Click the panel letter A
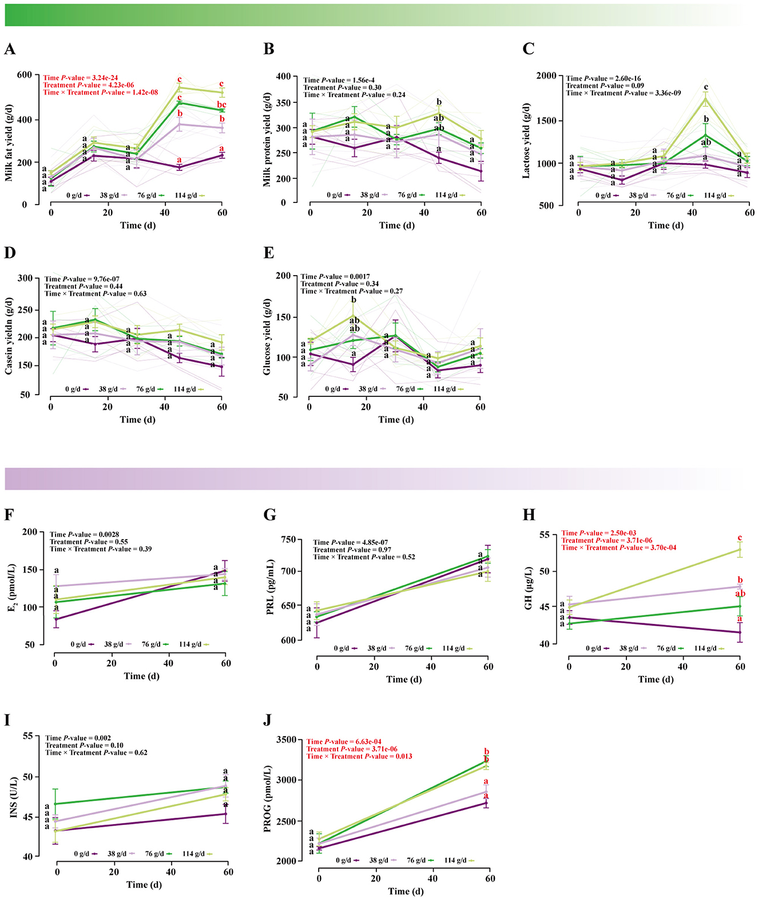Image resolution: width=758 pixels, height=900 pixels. coord(10,49)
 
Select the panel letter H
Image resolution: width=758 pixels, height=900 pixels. coord(529,515)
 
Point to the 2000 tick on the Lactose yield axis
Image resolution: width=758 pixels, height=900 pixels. coord(547,76)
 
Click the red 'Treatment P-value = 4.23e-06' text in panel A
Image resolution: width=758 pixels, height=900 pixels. coord(89,85)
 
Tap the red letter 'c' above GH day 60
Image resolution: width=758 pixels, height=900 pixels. coord(740,537)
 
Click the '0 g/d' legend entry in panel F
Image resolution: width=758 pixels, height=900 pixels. coord(78,644)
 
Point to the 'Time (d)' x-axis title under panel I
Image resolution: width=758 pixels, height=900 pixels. coord(144,885)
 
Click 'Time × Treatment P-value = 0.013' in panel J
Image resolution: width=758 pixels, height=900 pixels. coord(359,756)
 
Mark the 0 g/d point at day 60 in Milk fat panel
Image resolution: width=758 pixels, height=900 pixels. coord(223,155)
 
